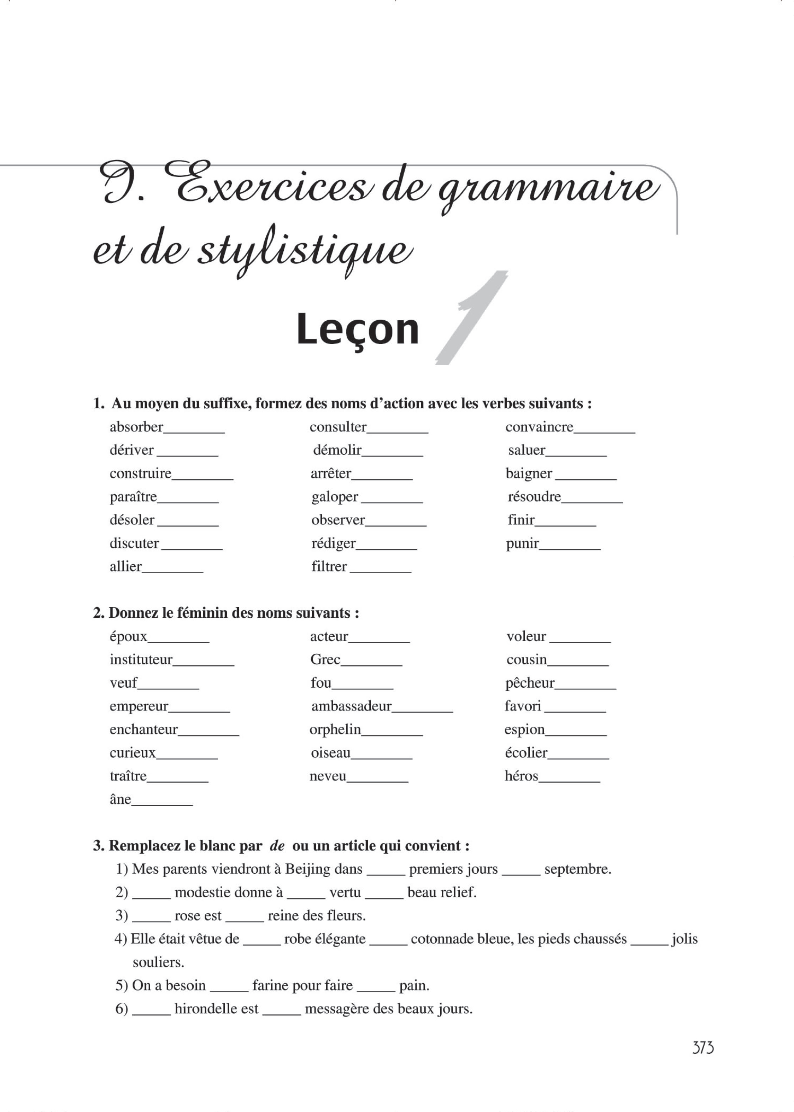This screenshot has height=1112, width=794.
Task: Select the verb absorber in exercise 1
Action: coord(136,427)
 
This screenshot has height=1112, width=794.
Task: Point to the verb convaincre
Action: coord(539,427)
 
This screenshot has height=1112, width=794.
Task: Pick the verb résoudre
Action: coord(534,497)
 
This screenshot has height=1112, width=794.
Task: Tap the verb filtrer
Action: coord(329,566)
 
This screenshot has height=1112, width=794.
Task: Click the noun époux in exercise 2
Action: coord(128,636)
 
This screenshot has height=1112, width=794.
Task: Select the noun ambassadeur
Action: coord(352,706)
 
